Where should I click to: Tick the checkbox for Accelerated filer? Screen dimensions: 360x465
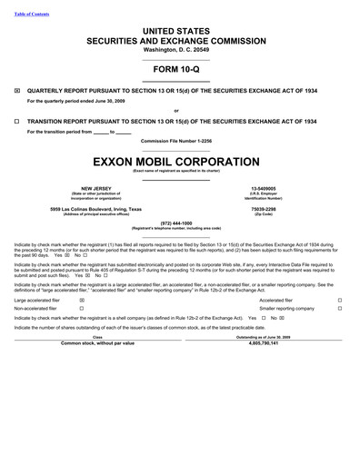(339, 299)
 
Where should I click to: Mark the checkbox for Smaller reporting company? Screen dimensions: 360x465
(339, 308)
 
